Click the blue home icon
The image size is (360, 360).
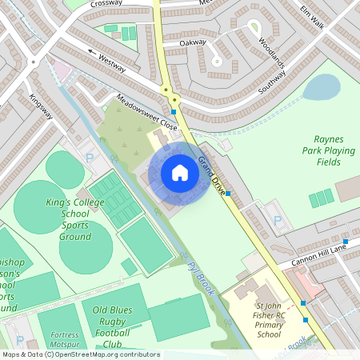point(180,172)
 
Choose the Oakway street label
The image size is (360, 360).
point(193,42)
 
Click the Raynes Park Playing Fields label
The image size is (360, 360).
point(328,150)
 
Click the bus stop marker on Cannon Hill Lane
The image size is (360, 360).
point(346,242)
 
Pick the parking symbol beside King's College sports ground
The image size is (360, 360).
point(89,158)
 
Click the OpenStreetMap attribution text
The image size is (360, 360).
point(81,354)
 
